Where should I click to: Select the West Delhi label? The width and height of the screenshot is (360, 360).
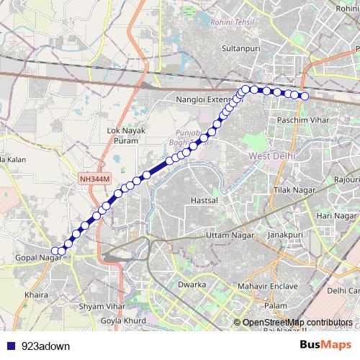tap(271, 156)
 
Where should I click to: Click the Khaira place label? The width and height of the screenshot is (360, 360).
tap(35, 295)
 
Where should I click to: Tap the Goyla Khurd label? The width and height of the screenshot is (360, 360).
tap(123, 319)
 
